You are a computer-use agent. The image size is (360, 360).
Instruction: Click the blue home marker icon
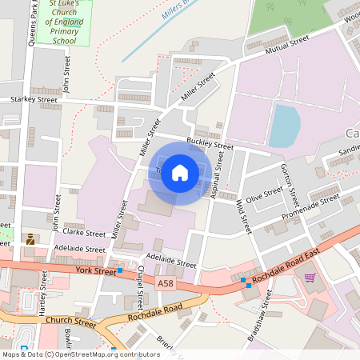180,172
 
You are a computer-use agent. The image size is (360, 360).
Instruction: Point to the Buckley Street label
210,146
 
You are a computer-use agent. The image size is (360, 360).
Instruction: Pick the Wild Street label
242,217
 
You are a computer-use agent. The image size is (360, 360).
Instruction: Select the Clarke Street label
84,234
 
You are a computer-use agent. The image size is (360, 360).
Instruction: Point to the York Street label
95,271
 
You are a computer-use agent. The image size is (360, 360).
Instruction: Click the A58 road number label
166,283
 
